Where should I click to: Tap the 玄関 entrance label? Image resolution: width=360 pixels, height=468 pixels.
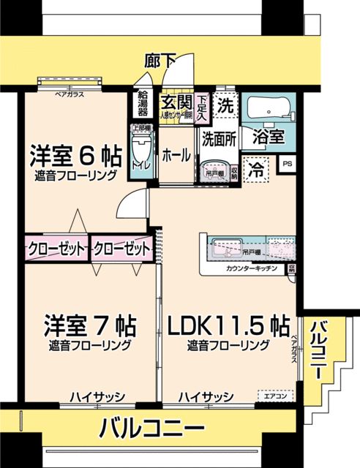tap(176, 102)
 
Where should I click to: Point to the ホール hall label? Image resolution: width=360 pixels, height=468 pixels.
tap(176, 155)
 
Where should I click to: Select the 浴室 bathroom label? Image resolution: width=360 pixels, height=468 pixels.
tap(269, 137)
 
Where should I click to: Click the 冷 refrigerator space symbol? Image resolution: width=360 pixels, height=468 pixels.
tap(257, 170)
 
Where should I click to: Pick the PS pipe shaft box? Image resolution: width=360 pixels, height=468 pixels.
tap(288, 165)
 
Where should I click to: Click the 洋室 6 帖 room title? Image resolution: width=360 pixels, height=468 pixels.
tap(75, 156)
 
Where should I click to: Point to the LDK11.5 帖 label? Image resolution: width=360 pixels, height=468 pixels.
tap(228, 325)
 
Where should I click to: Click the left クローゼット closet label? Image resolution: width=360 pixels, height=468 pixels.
tap(56, 249)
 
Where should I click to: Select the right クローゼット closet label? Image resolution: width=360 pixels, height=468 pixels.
tap(122, 249)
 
